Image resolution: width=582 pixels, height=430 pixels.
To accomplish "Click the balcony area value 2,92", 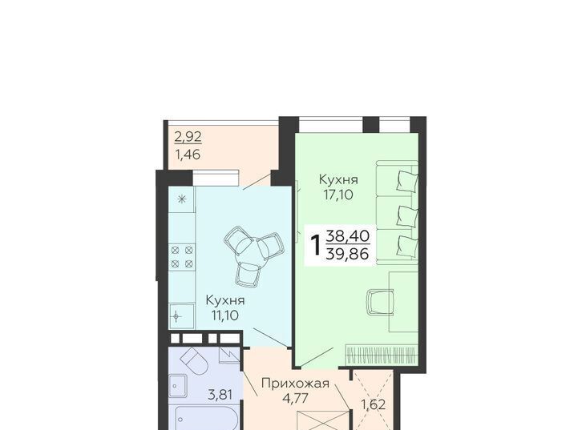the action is pyautogui.click(x=188, y=137).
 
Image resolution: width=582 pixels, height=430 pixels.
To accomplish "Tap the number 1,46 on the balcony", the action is pyautogui.click(x=188, y=155).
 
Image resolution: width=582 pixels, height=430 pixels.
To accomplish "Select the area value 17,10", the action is pyautogui.click(x=338, y=195).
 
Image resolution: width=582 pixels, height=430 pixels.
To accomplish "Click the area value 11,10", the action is pyautogui.click(x=225, y=315).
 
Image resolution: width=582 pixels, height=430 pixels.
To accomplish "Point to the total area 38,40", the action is pyautogui.click(x=347, y=235).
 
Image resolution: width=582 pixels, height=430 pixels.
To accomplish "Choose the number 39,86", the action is pyautogui.click(x=347, y=255).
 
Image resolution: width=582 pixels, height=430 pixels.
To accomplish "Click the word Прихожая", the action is pyautogui.click(x=296, y=383).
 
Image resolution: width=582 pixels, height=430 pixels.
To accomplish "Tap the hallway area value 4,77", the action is pyautogui.click(x=296, y=399).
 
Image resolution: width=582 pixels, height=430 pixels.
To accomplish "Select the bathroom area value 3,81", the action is pyautogui.click(x=220, y=395).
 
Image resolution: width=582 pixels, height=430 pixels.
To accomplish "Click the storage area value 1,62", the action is pyautogui.click(x=374, y=404).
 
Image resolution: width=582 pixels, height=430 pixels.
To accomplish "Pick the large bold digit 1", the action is pyautogui.click(x=316, y=245).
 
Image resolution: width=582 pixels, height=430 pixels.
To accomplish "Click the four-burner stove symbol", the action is pyautogui.click(x=182, y=257).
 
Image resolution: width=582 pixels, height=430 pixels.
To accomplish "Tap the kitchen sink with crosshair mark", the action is pyautogui.click(x=181, y=316).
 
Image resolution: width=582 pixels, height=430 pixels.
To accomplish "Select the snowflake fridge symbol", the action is pyautogui.click(x=181, y=199).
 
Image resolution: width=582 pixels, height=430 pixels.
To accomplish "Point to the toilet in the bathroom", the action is pyautogui.click(x=195, y=361).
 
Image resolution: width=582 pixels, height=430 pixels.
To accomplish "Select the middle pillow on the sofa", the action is pyautogui.click(x=407, y=215).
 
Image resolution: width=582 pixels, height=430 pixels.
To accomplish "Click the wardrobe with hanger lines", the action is pyautogui.click(x=382, y=355).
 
